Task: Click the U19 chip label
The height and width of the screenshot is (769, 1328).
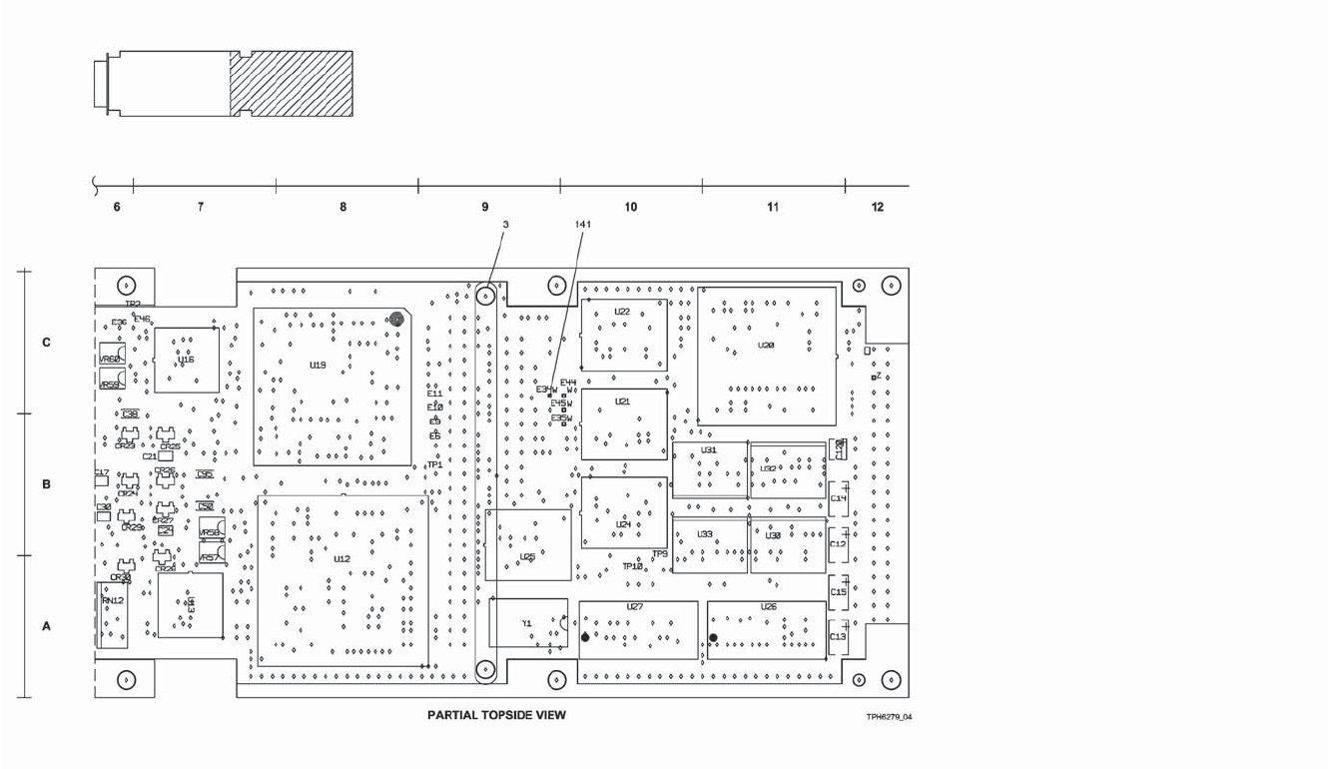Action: click(x=318, y=366)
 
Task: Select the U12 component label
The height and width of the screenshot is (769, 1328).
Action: click(x=341, y=559)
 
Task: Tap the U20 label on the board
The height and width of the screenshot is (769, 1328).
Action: click(x=766, y=346)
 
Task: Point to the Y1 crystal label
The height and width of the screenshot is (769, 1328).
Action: click(x=527, y=623)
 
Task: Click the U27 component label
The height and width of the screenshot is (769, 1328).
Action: click(x=635, y=607)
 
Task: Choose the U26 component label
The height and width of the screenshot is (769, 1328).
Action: click(x=768, y=607)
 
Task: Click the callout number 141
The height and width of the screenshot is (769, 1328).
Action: click(x=583, y=225)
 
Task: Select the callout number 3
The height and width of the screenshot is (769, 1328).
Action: click(x=505, y=225)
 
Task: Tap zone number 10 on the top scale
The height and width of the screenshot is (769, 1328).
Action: click(x=630, y=208)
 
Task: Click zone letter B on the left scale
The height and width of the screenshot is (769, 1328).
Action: click(x=46, y=485)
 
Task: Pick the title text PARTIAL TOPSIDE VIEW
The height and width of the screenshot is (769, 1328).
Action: click(x=496, y=715)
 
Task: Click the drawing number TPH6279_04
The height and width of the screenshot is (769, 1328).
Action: click(x=889, y=717)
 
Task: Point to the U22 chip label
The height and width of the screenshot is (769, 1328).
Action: click(x=622, y=312)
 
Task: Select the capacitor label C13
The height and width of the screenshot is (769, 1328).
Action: click(x=838, y=636)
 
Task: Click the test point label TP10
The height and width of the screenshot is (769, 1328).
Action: click(x=632, y=566)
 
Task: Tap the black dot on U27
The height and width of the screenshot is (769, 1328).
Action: click(x=585, y=637)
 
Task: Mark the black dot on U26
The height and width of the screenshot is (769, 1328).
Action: click(x=713, y=637)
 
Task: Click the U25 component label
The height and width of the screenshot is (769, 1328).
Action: click(x=527, y=557)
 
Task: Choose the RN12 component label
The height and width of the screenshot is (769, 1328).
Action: click(x=112, y=600)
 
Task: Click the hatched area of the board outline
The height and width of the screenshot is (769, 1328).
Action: click(x=292, y=84)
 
